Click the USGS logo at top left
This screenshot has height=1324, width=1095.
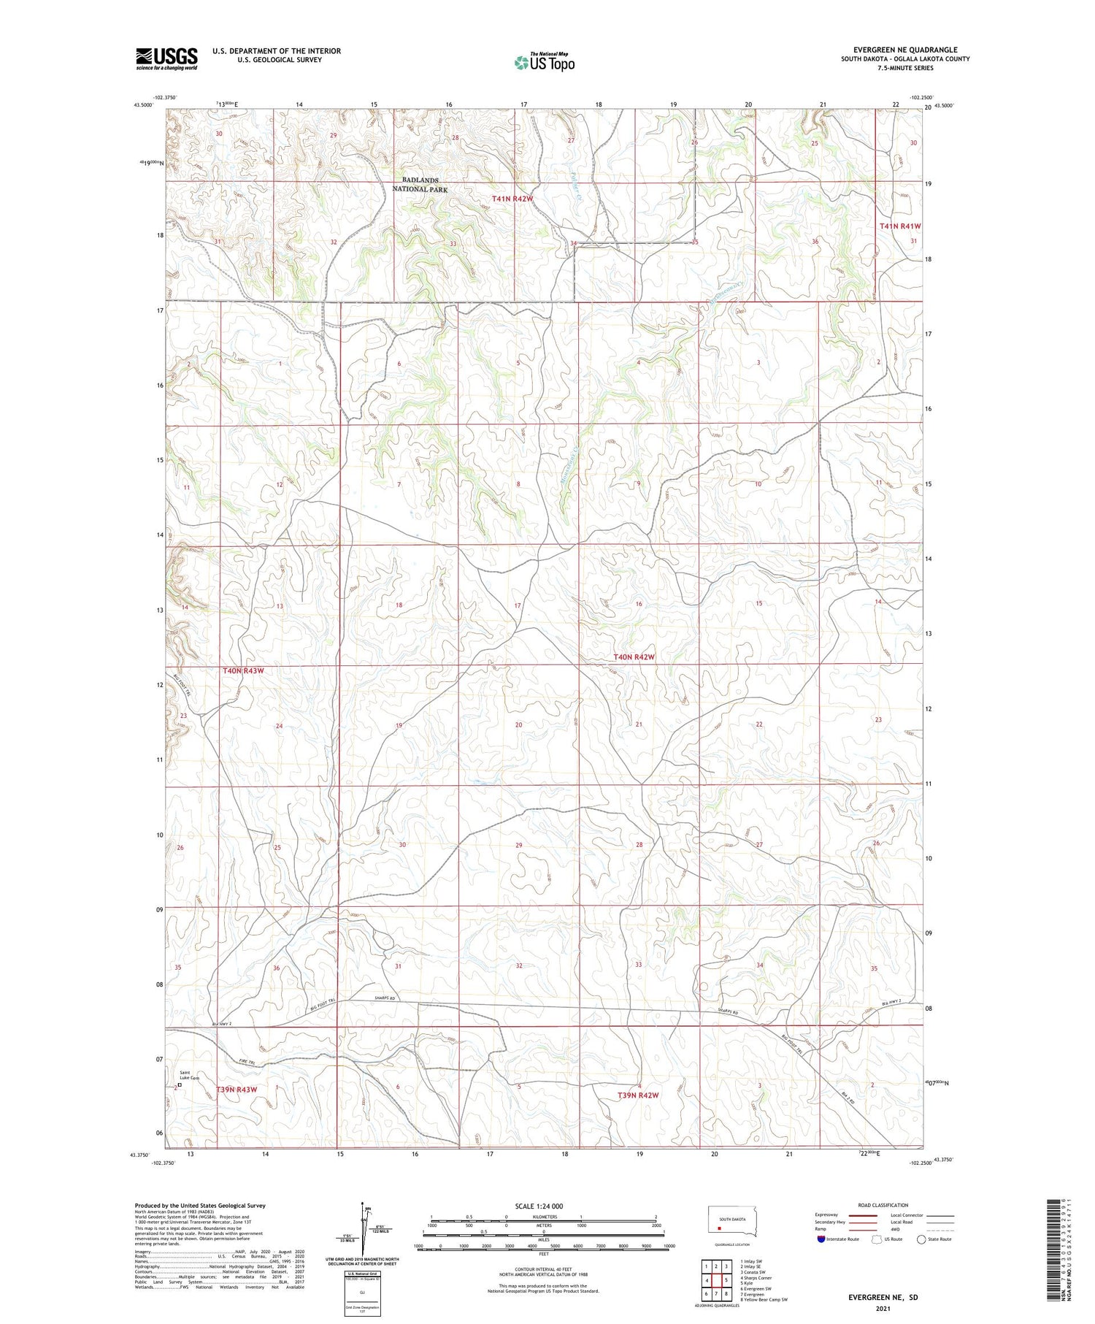(166, 58)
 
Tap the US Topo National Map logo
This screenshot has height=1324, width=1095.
(544, 62)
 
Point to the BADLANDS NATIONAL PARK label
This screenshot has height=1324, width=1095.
(420, 185)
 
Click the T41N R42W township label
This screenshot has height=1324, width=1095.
(512, 199)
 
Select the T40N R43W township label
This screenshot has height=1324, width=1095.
(242, 670)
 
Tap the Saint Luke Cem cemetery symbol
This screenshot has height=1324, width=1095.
(180, 1085)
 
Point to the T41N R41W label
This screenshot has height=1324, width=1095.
(899, 226)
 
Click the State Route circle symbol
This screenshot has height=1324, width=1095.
(921, 1239)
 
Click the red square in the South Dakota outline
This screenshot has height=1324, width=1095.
(719, 1228)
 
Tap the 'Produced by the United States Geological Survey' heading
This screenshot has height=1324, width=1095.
(199, 1206)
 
